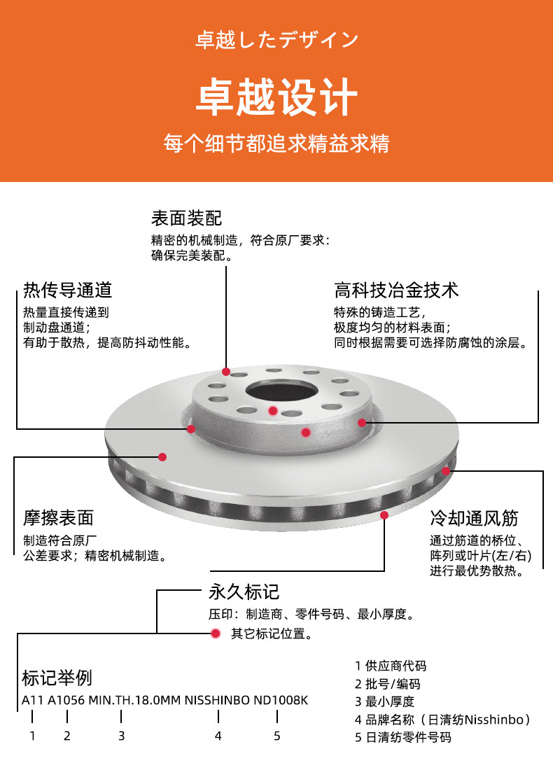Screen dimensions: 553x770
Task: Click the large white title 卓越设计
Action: point(276,97)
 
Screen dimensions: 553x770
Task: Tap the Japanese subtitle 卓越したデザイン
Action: point(276,40)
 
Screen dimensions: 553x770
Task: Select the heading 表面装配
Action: point(186,218)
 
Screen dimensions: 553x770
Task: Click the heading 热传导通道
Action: point(67,290)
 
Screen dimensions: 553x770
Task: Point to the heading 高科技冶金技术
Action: point(396,290)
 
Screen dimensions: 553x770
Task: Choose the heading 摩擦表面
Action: point(58,517)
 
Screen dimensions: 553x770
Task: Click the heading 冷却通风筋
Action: point(474,517)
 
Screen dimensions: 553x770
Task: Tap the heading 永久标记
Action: point(244,591)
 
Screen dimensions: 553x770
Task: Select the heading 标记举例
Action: point(57,678)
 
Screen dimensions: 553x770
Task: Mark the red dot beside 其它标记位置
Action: point(215,633)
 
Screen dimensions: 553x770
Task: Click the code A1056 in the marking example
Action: point(66,700)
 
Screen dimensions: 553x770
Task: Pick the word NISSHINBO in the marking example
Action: point(217,700)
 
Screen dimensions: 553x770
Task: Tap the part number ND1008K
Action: point(281,700)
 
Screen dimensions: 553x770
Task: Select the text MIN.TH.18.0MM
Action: point(134,700)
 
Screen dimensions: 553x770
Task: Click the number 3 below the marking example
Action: point(121,736)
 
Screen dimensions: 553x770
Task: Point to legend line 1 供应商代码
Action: point(391,666)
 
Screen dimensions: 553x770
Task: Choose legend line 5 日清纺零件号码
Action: point(402,737)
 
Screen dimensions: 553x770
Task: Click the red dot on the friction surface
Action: point(162,456)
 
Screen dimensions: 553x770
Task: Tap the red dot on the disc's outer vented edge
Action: point(445,471)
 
